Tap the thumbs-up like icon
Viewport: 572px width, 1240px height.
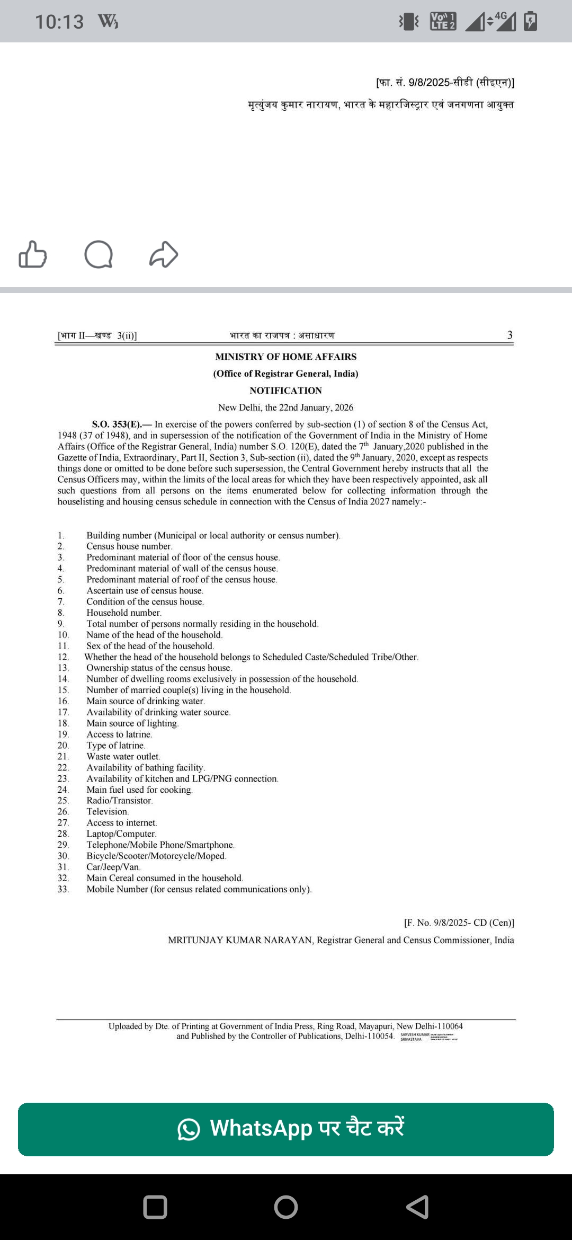(33, 254)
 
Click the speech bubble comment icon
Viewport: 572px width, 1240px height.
(99, 254)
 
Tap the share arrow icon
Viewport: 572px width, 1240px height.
(164, 254)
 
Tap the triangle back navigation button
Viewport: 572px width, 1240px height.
(417, 1207)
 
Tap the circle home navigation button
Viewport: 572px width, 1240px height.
(286, 1207)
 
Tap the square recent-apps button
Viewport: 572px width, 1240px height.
(155, 1207)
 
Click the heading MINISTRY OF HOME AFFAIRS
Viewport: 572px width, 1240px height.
(286, 357)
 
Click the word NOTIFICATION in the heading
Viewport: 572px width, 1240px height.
(286, 391)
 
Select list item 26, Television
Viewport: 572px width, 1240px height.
(108, 811)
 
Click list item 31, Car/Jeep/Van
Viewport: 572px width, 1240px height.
(113, 867)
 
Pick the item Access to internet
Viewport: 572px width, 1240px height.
(122, 822)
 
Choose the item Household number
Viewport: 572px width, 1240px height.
(124, 613)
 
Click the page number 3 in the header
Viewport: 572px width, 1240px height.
(510, 335)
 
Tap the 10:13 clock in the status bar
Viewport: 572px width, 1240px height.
(59, 22)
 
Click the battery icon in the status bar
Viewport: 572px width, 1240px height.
(530, 21)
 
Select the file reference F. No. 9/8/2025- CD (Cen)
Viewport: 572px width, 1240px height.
(459, 923)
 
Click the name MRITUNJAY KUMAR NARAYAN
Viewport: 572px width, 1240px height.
(240, 940)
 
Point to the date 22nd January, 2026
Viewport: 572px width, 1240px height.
(316, 408)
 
